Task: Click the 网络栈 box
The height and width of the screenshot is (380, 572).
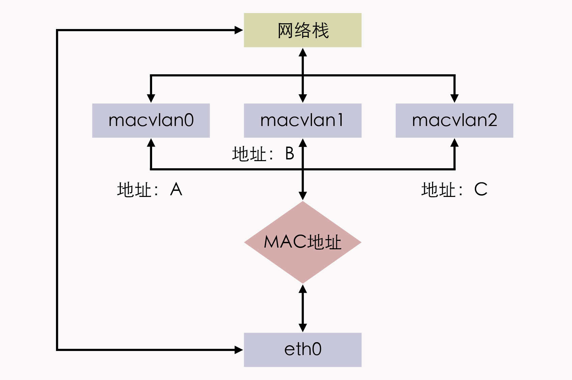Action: point(303,30)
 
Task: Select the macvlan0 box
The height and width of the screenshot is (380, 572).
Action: point(151,121)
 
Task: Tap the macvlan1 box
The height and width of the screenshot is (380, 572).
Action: point(303,121)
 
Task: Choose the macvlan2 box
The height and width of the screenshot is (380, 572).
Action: point(454,121)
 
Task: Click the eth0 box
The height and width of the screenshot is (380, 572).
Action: point(303,350)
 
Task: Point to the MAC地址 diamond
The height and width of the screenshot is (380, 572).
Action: point(303,242)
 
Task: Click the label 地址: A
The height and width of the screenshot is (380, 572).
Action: point(150,189)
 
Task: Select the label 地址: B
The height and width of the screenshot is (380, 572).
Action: point(263,154)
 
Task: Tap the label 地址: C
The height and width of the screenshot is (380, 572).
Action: point(454,189)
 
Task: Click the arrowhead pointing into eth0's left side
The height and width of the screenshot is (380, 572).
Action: point(238,350)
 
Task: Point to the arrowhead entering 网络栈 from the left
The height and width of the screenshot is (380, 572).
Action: point(238,30)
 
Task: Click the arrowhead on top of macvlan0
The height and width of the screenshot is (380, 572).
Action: point(151,98)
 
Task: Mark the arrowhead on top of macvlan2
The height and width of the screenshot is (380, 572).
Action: point(455,98)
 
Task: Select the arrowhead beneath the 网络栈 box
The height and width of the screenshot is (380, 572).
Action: point(303,53)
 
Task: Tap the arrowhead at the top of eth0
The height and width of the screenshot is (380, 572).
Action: point(303,328)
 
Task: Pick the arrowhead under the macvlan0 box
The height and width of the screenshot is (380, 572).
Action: point(151,143)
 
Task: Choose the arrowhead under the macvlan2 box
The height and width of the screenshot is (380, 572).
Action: point(455,143)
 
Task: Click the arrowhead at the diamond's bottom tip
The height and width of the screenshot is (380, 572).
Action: point(303,289)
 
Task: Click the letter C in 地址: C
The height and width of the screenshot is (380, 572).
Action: point(481,189)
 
